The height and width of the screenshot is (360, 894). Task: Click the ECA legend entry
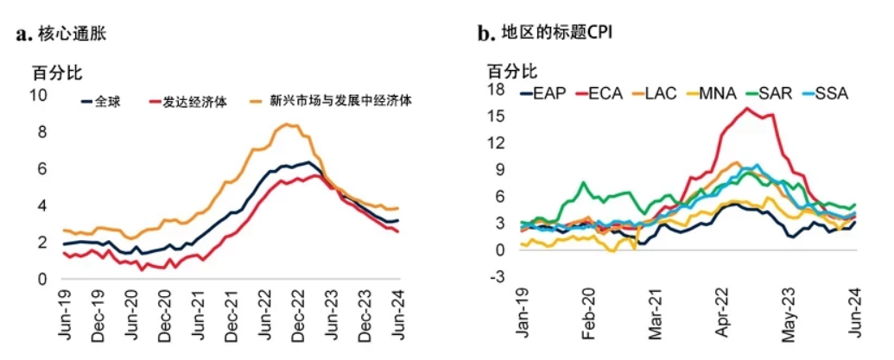pyautogui.click(x=604, y=93)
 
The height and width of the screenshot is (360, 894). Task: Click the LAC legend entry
pyautogui.click(x=660, y=93)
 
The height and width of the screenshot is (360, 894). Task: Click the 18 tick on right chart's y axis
pyautogui.click(x=495, y=89)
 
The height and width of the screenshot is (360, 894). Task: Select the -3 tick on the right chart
pyautogui.click(x=496, y=277)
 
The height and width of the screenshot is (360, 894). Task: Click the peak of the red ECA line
pyautogui.click(x=745, y=108)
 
